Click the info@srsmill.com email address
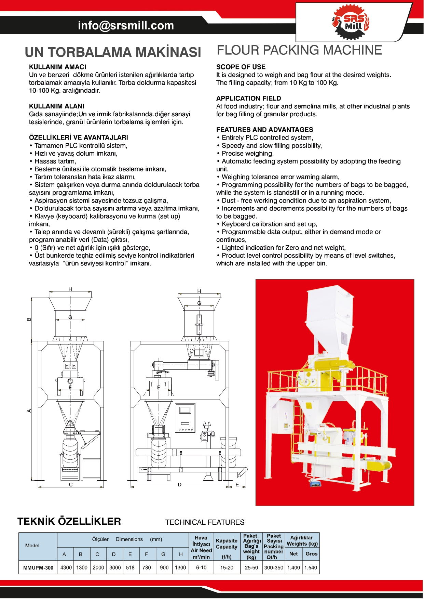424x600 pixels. click(126, 25)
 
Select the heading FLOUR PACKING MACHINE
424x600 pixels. click(299, 50)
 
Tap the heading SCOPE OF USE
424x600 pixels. click(241, 67)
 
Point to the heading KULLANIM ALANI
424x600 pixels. click(56, 106)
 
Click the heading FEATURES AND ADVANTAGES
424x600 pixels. click(264, 130)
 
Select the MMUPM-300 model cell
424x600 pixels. click(38, 568)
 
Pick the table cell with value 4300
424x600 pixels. click(66, 568)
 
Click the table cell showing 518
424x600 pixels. click(130, 568)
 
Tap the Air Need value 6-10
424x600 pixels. click(201, 568)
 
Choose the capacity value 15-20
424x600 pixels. click(227, 568)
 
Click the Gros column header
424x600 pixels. click(311, 554)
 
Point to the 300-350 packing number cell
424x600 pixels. click(274, 568)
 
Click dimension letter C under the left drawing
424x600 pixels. click(71, 484)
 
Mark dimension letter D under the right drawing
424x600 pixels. click(180, 484)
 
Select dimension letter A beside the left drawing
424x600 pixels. click(29, 410)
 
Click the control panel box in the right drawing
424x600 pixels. click(185, 418)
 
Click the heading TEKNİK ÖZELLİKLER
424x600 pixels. click(69, 522)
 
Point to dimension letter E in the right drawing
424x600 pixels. click(237, 484)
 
